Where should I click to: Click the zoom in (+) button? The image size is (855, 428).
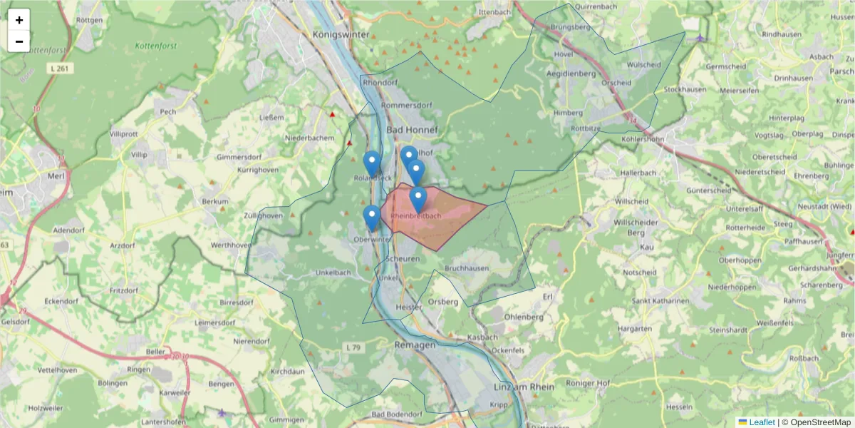pos(19,20)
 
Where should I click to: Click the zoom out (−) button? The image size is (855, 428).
pos(19,41)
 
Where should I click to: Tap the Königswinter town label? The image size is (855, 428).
pos(341,34)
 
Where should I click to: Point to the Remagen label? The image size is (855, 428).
pos(414,345)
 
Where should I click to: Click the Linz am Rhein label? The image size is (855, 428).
pos(524,387)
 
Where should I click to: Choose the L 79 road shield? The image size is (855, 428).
pos(353,347)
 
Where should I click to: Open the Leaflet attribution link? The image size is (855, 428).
pos(762,422)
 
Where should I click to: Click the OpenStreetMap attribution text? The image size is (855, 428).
pos(819,422)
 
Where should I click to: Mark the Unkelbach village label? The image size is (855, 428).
pos(332,272)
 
